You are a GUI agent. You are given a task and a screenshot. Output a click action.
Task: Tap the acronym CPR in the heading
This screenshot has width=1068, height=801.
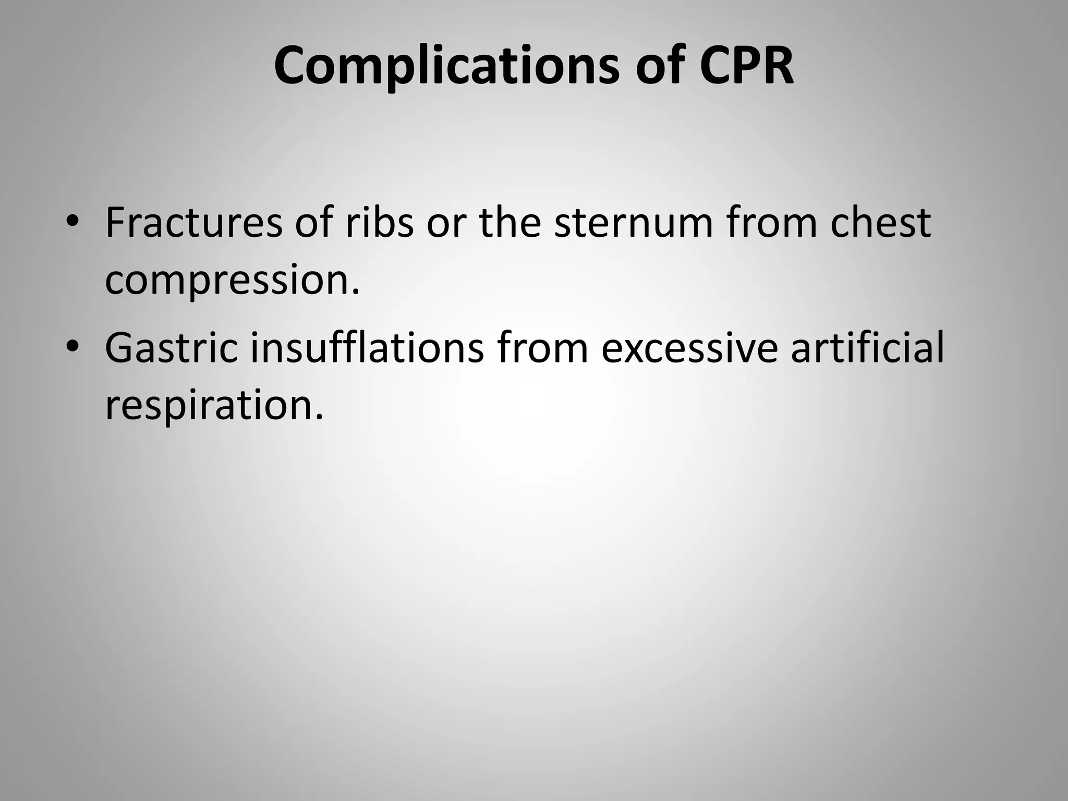pyautogui.click(x=746, y=66)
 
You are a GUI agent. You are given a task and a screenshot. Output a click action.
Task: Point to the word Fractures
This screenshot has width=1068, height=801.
pyautogui.click(x=193, y=223)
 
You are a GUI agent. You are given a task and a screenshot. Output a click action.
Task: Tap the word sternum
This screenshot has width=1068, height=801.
pyautogui.click(x=633, y=223)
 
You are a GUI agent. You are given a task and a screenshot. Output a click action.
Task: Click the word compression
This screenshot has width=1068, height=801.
pyautogui.click(x=232, y=280)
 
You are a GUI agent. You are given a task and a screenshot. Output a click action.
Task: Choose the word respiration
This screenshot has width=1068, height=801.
pyautogui.click(x=214, y=405)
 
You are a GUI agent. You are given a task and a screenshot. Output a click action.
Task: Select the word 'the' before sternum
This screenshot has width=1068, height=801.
pyautogui.click(x=510, y=223)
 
